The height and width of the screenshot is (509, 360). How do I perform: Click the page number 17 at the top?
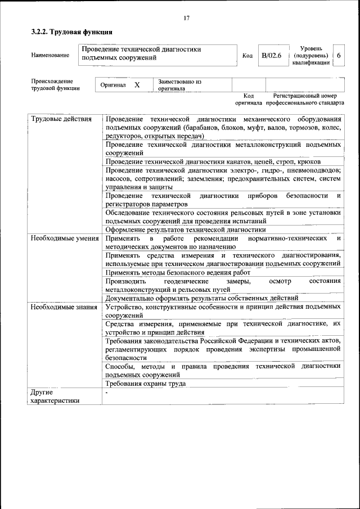186,18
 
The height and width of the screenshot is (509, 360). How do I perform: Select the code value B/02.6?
271,55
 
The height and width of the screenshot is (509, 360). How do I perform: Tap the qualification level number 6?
339,55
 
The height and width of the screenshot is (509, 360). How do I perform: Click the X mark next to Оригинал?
137,85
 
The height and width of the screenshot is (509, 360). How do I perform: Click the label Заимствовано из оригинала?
179,85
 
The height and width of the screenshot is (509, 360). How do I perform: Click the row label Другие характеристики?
55,396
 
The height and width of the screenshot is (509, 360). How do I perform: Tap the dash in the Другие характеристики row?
106,393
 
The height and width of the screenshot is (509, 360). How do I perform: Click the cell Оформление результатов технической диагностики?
185,229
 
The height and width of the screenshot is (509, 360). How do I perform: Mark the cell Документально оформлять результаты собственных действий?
201,298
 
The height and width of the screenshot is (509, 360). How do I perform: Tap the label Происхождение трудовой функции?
55,85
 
